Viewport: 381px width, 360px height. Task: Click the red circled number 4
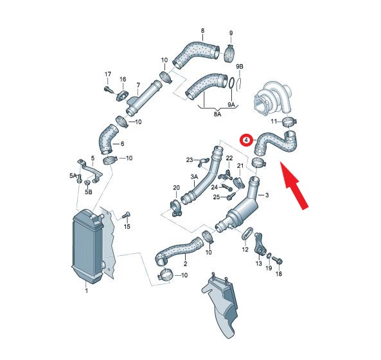tap(246, 140)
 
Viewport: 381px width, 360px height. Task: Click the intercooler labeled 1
tap(88, 246)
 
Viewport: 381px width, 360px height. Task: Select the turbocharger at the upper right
tap(272, 98)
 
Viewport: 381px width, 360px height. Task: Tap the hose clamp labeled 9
tap(229, 53)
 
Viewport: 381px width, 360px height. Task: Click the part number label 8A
tap(217, 114)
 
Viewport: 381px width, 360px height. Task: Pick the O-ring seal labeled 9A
tap(231, 84)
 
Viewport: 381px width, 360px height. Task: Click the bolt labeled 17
tap(109, 89)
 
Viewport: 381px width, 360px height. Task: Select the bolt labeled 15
tap(126, 215)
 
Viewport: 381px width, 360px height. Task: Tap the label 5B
tap(88, 192)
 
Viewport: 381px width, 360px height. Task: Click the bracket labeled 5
tap(90, 170)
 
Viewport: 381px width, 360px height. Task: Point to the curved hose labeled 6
tap(108, 139)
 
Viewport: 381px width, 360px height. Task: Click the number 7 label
tap(138, 85)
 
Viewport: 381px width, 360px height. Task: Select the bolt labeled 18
tap(278, 260)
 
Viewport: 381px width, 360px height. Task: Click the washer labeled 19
tap(269, 256)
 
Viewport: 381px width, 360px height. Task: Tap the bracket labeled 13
tap(260, 244)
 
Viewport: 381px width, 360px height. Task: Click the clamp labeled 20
tap(176, 208)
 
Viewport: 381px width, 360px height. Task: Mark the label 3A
tap(194, 177)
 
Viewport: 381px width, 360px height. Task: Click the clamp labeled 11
tap(290, 121)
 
